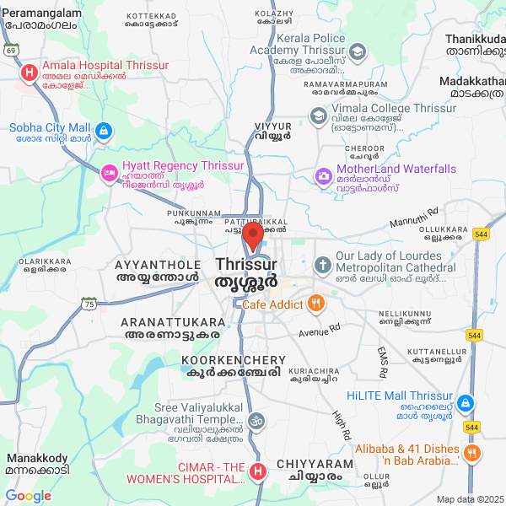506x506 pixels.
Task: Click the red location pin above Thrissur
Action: (254, 236)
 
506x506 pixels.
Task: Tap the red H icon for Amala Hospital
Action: (30, 72)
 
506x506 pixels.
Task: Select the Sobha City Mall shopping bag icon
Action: (103, 131)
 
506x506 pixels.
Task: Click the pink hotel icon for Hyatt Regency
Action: (109, 174)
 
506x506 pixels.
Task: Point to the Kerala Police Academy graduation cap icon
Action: (358, 52)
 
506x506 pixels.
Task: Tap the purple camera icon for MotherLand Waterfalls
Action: (323, 175)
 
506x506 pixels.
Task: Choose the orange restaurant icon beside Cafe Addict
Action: (315, 303)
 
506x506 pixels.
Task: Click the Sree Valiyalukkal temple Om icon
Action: (256, 420)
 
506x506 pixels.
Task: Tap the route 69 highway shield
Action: (11, 51)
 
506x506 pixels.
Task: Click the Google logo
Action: (28, 496)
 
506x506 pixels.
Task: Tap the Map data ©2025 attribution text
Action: (468, 499)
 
